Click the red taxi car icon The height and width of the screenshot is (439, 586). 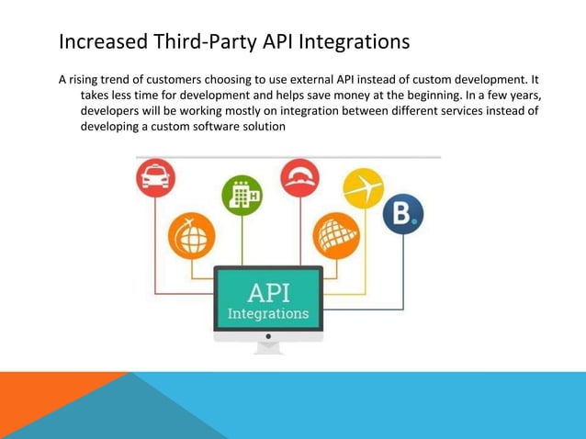click(155, 178)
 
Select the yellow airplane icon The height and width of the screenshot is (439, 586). click(363, 188)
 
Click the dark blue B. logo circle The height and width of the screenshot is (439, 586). click(402, 214)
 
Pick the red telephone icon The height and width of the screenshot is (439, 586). click(299, 178)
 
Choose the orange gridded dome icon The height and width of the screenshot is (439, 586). click(335, 235)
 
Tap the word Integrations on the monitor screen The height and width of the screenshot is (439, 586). click(268, 314)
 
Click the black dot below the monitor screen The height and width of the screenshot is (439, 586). click(268, 336)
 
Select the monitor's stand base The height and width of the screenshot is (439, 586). click(268, 350)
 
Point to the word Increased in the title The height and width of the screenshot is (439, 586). click(96, 42)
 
